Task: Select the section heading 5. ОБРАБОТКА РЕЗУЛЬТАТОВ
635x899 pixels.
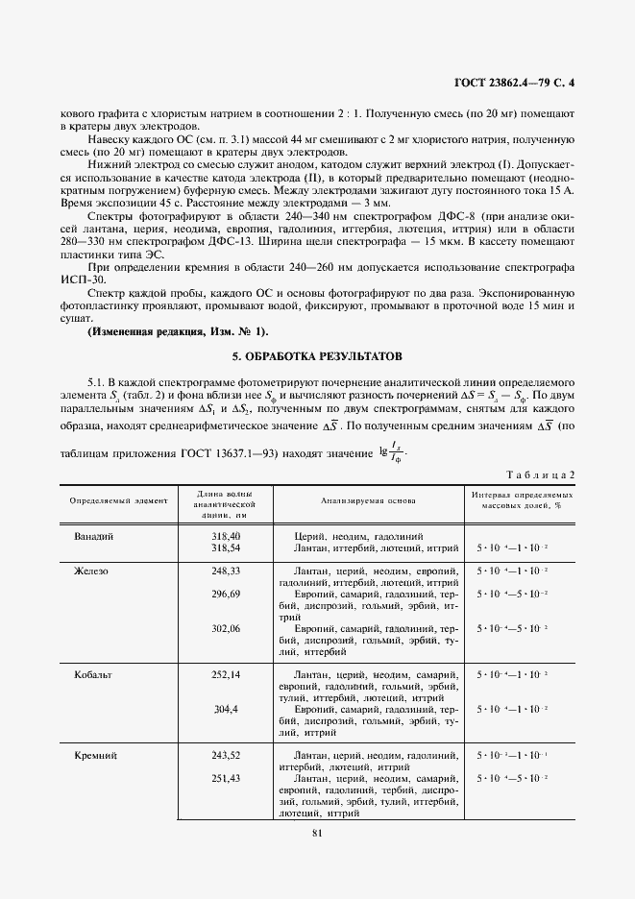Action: click(x=316, y=355)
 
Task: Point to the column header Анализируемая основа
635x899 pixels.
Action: click(x=368, y=499)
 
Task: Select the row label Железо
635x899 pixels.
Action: click(x=91, y=570)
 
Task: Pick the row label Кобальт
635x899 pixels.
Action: click(x=93, y=675)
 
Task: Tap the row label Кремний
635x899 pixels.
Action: click(x=95, y=756)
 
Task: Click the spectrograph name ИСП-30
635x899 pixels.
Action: click(x=82, y=279)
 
